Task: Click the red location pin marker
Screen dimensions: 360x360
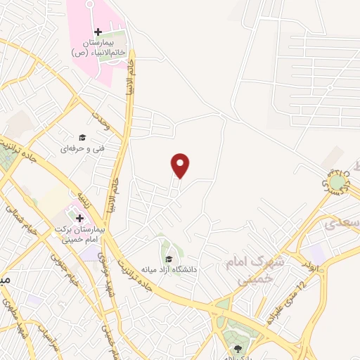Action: [x=181, y=165]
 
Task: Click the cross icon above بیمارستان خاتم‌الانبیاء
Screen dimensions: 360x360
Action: [x=98, y=32]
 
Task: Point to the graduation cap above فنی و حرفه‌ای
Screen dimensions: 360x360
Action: [x=82, y=137]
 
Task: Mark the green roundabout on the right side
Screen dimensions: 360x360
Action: [x=338, y=184]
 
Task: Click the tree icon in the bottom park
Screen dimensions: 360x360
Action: [x=236, y=349]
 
